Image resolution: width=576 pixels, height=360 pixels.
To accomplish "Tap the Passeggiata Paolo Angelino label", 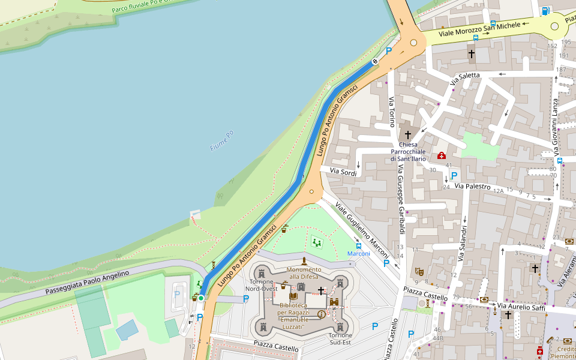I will pyautogui.click(x=87, y=282).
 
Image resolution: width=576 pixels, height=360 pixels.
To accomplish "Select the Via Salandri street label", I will pyautogui.click(x=463, y=243).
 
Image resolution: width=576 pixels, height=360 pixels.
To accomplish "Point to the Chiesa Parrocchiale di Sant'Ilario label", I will pyautogui.click(x=408, y=151).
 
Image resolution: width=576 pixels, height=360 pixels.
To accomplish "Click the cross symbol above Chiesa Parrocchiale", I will pyautogui.click(x=408, y=135).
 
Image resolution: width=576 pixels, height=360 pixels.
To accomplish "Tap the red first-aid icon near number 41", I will pyautogui.click(x=442, y=155).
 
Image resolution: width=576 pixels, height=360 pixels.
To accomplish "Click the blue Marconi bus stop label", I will pyautogui.click(x=359, y=254).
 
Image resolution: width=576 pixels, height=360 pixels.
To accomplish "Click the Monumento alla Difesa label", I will pyautogui.click(x=304, y=273).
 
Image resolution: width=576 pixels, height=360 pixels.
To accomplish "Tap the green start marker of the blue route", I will pyautogui.click(x=201, y=298).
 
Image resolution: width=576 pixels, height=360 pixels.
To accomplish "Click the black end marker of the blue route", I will pyautogui.click(x=375, y=61).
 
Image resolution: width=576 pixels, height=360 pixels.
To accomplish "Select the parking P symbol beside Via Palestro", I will pyautogui.click(x=454, y=176).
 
